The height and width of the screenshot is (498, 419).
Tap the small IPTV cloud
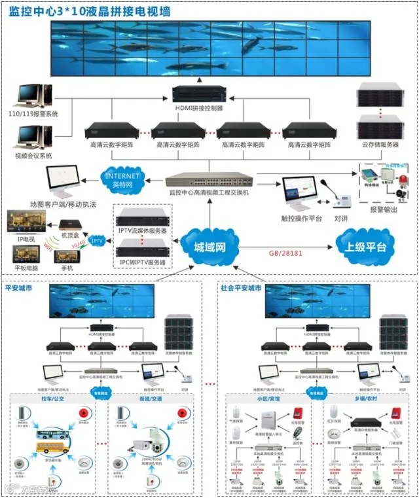96,240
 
